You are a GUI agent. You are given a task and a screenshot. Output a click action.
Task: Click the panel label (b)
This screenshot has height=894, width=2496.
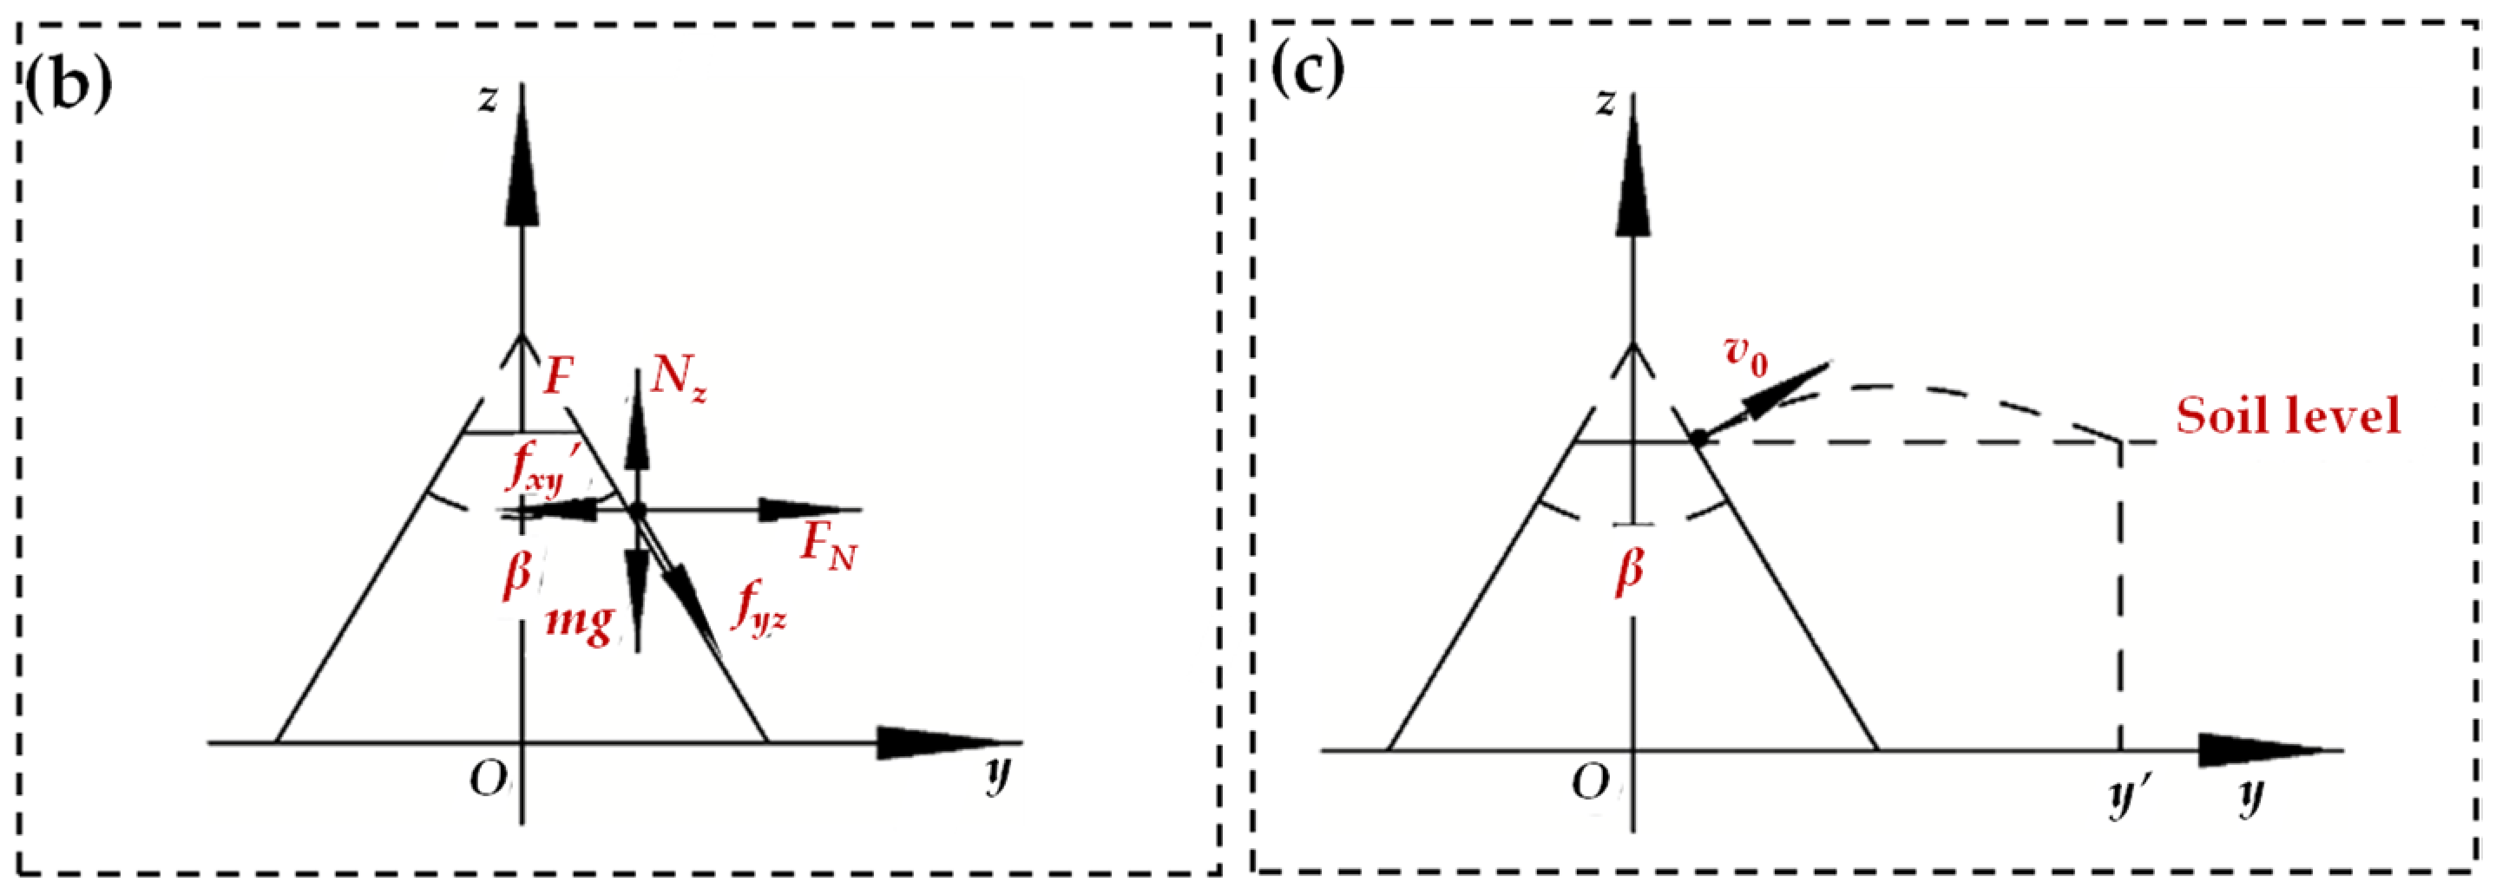click(68, 83)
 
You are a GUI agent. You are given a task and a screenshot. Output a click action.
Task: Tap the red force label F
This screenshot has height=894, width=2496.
click(557, 375)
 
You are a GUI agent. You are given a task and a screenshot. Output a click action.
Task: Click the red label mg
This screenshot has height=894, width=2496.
click(580, 620)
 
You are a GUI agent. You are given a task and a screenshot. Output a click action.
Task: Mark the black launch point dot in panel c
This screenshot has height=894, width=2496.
click(1698, 439)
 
